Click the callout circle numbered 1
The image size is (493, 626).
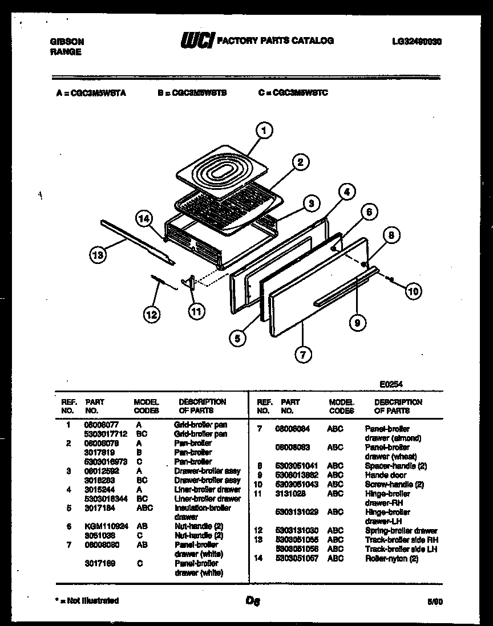(x=263, y=131)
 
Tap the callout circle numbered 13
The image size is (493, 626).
(x=98, y=255)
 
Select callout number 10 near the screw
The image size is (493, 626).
(x=413, y=292)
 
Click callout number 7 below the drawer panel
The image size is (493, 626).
(x=303, y=355)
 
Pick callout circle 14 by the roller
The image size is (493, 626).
(x=145, y=218)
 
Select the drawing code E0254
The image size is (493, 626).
(x=391, y=385)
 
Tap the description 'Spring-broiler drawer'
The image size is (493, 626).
(x=401, y=531)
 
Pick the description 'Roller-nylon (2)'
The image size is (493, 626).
(x=391, y=558)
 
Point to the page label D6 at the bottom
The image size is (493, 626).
(x=253, y=600)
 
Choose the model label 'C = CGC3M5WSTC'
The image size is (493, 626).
(x=293, y=92)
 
